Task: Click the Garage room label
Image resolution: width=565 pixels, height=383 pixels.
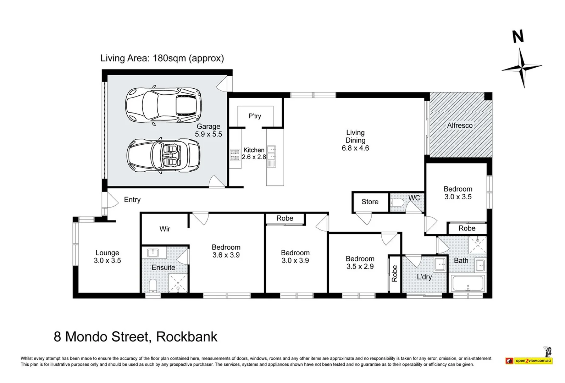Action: click(x=209, y=127)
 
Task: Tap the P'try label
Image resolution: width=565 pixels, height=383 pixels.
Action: click(x=255, y=116)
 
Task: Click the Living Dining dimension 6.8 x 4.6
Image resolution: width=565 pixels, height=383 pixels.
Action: click(x=355, y=148)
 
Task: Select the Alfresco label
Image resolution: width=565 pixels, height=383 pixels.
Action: click(x=460, y=126)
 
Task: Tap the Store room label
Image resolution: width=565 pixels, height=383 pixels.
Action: click(x=370, y=202)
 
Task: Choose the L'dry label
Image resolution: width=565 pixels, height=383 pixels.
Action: click(x=424, y=277)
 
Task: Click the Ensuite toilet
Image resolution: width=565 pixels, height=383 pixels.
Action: click(x=153, y=285)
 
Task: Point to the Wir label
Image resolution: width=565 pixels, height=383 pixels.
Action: click(x=165, y=229)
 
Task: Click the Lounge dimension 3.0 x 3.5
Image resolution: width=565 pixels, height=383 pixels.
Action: click(x=107, y=261)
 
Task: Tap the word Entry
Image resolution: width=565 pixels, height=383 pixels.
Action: click(x=132, y=200)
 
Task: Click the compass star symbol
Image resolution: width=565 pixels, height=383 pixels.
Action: click(x=521, y=67)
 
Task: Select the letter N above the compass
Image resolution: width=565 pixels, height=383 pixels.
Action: click(x=518, y=37)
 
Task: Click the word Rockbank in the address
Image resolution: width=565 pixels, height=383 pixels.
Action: click(x=187, y=337)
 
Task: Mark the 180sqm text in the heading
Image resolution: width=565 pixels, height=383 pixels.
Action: click(x=169, y=58)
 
